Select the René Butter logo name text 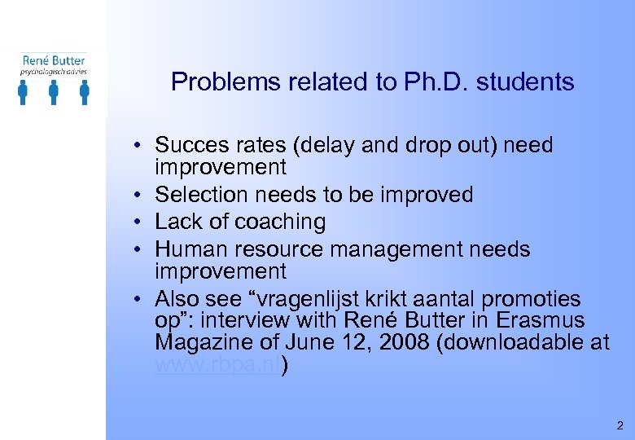(x=53, y=59)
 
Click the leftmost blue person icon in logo (x=24, y=93)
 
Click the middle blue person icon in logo (x=54, y=93)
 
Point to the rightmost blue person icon (x=84, y=93)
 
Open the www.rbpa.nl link (x=217, y=365)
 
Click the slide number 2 (x=620, y=425)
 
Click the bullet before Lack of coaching (x=141, y=222)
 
